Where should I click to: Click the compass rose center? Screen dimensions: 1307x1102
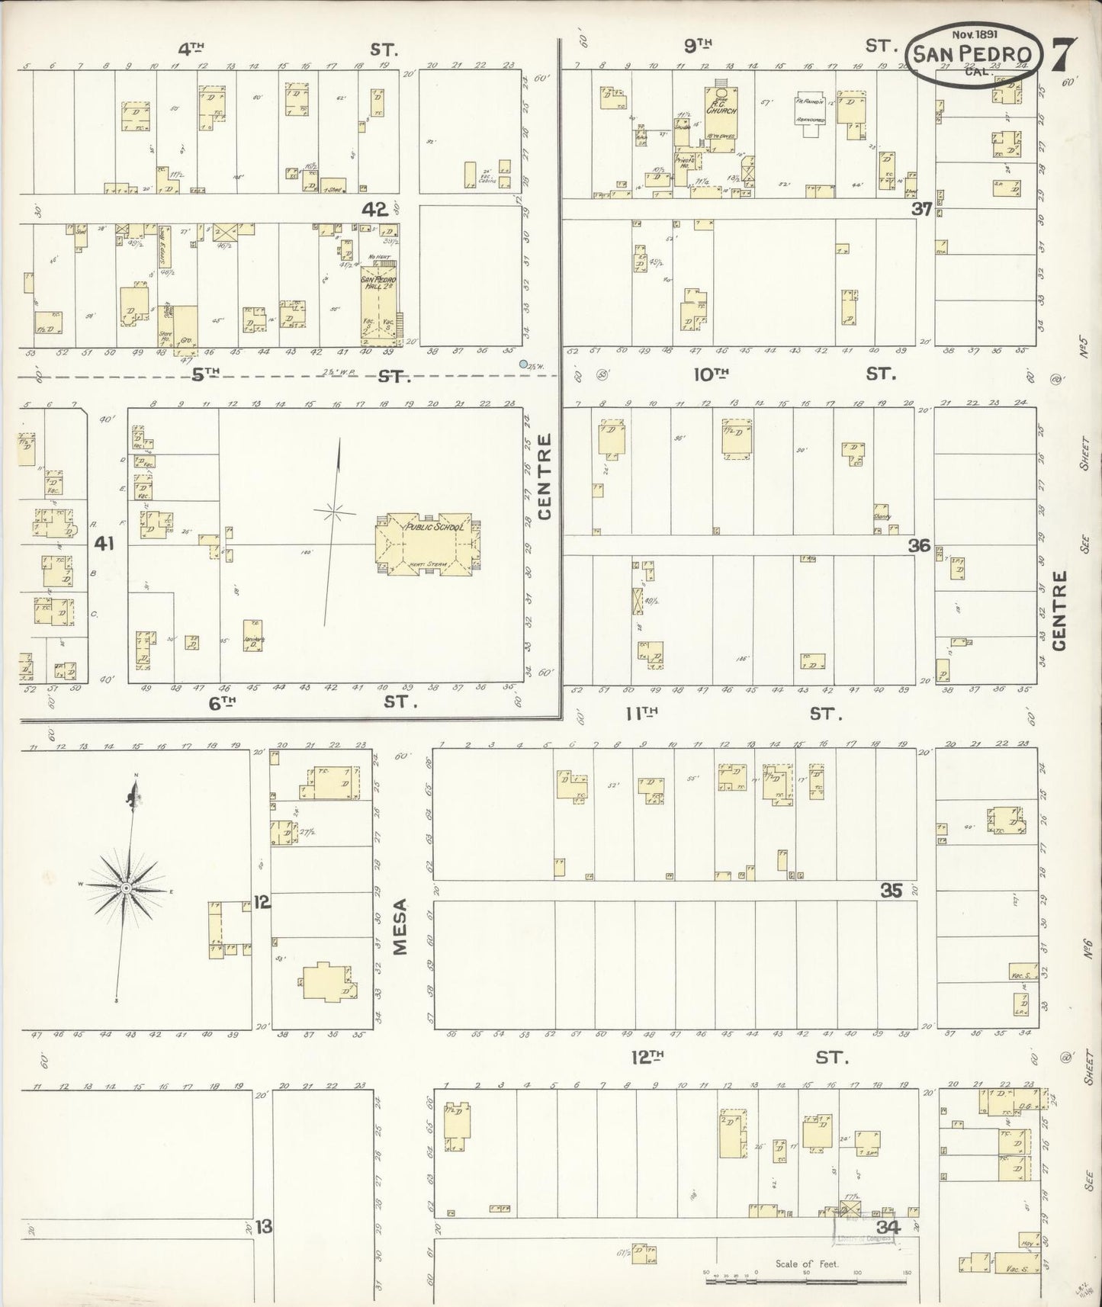coord(126,889)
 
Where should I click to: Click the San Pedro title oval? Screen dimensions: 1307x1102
coord(972,54)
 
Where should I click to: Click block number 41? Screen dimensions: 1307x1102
coord(104,544)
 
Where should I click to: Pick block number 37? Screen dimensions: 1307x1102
coord(921,209)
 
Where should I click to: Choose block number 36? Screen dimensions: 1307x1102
coord(920,545)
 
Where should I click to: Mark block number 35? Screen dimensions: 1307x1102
coord(892,890)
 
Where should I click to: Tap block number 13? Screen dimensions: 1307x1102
coord(264,1228)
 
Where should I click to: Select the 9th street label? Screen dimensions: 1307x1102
coord(692,47)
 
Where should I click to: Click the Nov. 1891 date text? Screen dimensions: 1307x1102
coord(971,34)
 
